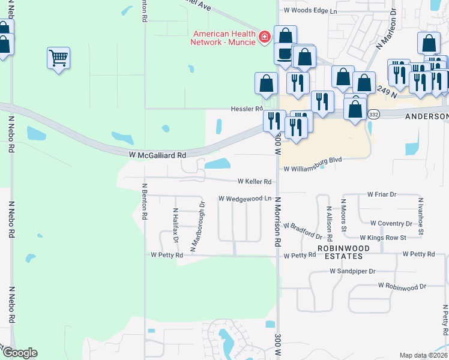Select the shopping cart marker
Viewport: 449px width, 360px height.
pyautogui.click(x=58, y=58)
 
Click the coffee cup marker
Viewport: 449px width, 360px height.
pyautogui.click(x=285, y=53)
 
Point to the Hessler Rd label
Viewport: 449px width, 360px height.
pyautogui.click(x=247, y=109)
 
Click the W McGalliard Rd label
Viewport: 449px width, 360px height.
pyautogui.click(x=158, y=155)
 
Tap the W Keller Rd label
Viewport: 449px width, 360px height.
pyautogui.click(x=255, y=181)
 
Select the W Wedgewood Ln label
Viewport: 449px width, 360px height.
pyautogui.click(x=245, y=198)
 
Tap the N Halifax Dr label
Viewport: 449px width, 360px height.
pyautogui.click(x=176, y=226)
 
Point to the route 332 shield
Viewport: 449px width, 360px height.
pyautogui.click(x=373, y=113)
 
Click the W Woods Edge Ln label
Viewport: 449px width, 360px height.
pyautogui.click(x=310, y=11)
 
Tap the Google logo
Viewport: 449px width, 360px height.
pyautogui.click(x=19, y=353)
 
